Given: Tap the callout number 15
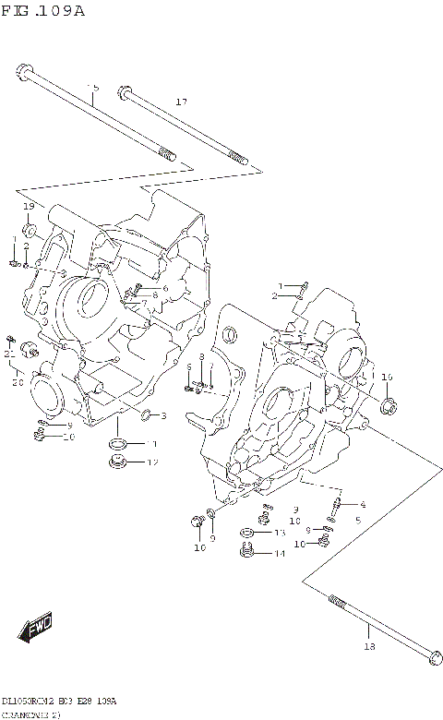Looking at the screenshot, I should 92,88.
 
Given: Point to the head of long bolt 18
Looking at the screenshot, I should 432,657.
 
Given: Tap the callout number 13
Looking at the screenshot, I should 279,533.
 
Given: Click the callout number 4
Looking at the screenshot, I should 363,504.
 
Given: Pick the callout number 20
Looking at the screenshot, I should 17,383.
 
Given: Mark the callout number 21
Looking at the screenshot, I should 8,354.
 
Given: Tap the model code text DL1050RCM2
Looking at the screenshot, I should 28,702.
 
